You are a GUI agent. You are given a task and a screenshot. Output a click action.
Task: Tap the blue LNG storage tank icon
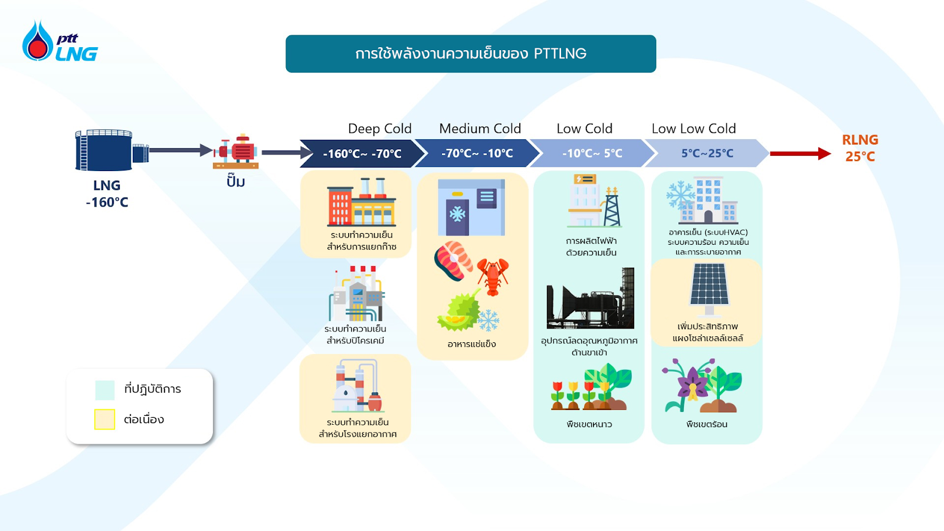(105, 150)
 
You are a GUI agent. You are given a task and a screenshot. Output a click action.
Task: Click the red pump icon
(237, 151)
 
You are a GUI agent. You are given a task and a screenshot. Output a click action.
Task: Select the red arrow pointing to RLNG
(799, 154)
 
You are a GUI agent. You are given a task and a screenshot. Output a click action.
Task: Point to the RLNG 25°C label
(860, 148)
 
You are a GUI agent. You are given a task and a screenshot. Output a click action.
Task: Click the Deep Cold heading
(379, 129)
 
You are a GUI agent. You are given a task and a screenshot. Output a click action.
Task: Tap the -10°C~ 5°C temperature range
(592, 153)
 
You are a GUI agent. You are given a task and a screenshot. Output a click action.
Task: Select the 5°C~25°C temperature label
(707, 153)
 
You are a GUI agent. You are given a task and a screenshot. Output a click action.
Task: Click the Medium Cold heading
(480, 129)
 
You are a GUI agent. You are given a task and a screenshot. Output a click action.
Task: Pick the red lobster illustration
(493, 275)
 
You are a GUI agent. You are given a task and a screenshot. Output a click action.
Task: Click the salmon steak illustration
(453, 260)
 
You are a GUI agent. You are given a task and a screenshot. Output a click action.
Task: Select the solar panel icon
(709, 287)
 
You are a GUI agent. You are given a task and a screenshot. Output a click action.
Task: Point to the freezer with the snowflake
(471, 208)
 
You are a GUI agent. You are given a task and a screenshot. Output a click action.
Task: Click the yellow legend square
(104, 419)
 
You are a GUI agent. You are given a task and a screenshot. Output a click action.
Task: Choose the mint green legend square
(104, 390)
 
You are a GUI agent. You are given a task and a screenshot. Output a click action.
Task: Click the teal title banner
(470, 54)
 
